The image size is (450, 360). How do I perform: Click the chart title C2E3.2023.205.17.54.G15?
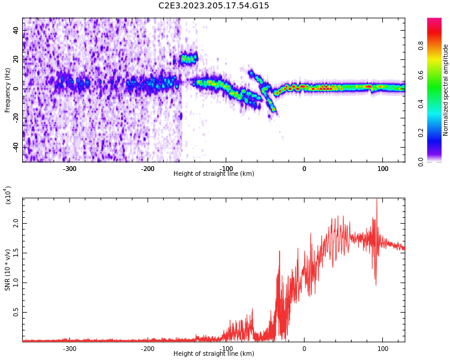(x=214, y=6)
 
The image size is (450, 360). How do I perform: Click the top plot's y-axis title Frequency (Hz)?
(x=8, y=90)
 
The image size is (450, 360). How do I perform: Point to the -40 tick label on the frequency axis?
(x=14, y=146)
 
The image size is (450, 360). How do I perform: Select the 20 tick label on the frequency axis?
(x=16, y=59)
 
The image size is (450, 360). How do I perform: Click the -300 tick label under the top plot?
(x=70, y=169)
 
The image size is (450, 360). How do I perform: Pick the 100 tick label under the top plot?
(x=382, y=169)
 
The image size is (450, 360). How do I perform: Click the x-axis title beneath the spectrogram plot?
(x=214, y=174)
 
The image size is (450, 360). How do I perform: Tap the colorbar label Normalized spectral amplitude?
(x=446, y=90)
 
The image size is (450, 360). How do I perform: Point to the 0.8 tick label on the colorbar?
(x=438, y=44)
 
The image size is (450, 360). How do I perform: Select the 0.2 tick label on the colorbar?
(x=438, y=133)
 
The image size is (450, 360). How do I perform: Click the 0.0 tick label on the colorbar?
(x=438, y=161)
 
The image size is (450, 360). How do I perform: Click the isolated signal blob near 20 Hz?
(x=189, y=59)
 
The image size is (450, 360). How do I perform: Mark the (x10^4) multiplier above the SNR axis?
(x=8, y=195)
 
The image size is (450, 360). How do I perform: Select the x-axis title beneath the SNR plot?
(x=214, y=354)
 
